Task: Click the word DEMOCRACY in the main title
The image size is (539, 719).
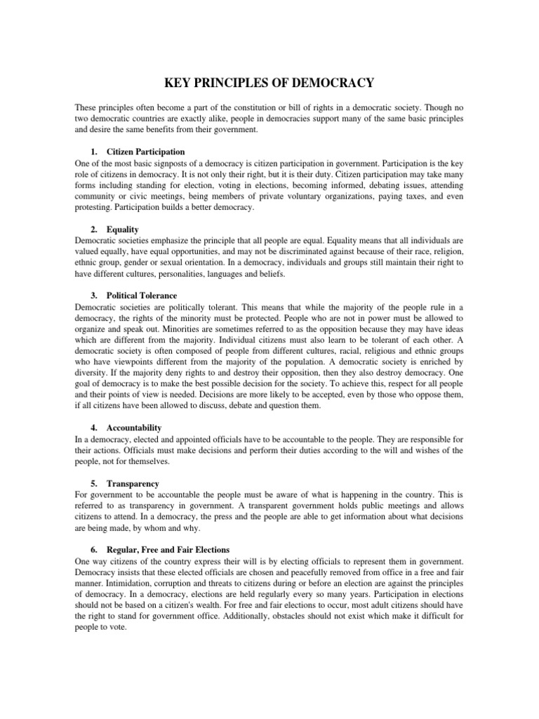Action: point(328,84)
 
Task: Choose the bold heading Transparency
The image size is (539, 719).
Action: point(133,484)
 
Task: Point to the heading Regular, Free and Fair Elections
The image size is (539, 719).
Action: point(168,549)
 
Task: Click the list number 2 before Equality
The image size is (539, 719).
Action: point(93,230)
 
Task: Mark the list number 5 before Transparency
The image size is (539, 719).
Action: point(93,484)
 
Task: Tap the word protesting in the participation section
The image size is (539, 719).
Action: point(95,208)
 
